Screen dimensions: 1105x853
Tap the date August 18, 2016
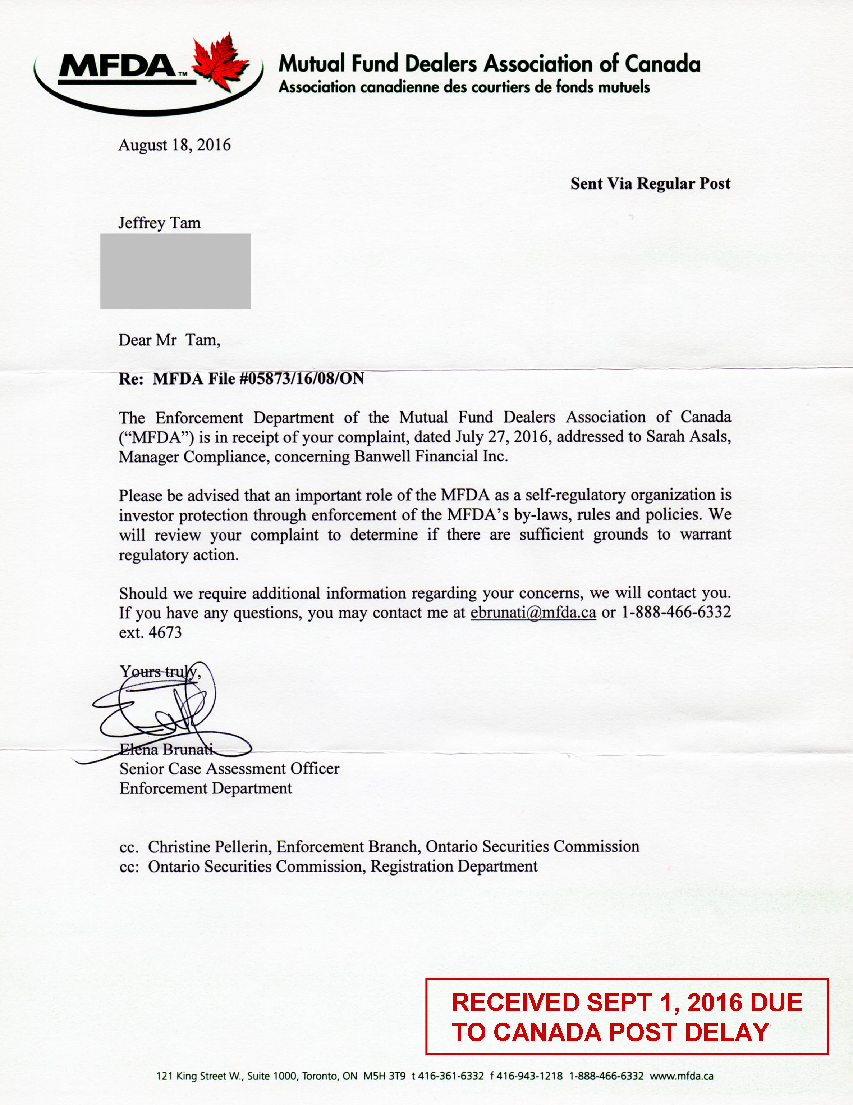pos(174,145)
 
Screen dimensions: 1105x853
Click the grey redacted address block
pos(175,271)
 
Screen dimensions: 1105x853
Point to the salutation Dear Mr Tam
pos(169,340)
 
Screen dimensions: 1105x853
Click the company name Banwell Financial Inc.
pos(431,456)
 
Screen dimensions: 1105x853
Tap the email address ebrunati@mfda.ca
pos(533,613)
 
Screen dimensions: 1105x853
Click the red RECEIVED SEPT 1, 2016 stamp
pos(627,1017)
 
